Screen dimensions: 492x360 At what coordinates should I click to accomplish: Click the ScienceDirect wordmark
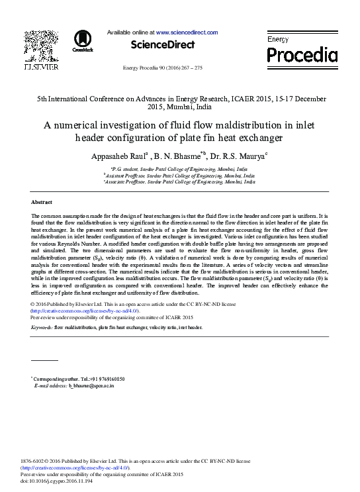click(163, 45)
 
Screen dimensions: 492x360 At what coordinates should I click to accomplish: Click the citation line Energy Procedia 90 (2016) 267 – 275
click(162, 68)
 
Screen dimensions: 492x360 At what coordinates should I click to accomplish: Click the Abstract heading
click(42, 201)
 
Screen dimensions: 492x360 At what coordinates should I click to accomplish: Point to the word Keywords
click(42, 327)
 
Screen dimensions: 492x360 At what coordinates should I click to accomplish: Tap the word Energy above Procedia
click(278, 40)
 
